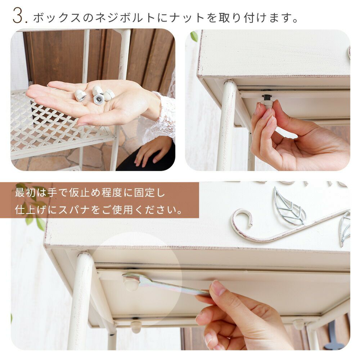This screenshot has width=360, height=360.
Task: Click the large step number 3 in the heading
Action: (19, 15)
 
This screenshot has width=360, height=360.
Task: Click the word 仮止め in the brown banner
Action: (84, 192)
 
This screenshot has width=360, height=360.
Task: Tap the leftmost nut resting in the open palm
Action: (80, 95)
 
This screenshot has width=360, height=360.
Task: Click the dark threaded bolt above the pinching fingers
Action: (267, 97)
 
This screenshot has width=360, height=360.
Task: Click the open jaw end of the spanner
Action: (131, 278)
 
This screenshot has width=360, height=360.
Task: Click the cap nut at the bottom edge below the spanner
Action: (135, 327)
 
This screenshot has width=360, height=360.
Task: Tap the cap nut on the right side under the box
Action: (299, 324)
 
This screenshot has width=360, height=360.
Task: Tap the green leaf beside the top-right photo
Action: (194, 36)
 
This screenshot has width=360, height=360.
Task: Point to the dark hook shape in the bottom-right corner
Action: (333, 338)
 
